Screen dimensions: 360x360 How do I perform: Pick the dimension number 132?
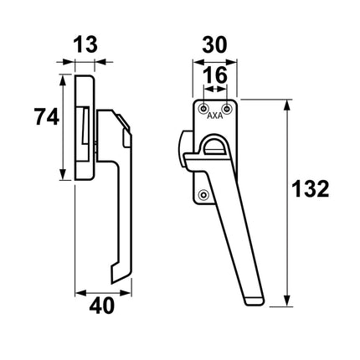click(311, 191)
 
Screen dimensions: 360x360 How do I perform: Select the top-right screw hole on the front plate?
click(229, 108)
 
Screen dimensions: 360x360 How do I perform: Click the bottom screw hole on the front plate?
click(201, 196)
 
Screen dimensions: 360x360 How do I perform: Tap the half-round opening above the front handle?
click(214, 145)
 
